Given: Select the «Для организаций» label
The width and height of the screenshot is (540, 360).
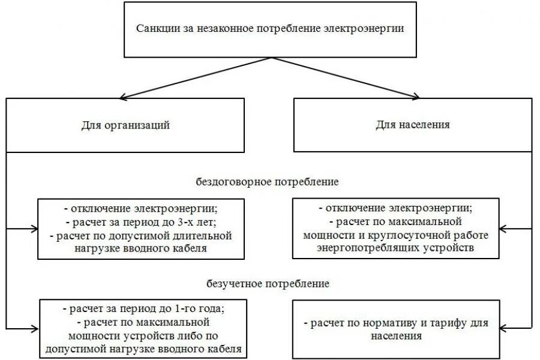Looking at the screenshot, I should tap(125, 125).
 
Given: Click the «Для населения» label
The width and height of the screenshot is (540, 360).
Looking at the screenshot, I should tap(413, 125).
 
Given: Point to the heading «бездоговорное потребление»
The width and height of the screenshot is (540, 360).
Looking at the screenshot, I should tap(268, 181).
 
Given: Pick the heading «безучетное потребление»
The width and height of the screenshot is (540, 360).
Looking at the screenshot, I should tap(268, 283).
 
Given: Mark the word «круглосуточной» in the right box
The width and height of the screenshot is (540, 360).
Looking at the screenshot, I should tap(428, 235).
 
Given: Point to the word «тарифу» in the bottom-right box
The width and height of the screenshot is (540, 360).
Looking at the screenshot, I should tap(447, 323).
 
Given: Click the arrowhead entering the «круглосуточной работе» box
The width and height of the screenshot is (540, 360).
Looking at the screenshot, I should tap(503, 229).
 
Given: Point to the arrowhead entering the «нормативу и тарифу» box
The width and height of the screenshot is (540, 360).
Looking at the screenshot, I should tap(503, 328).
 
